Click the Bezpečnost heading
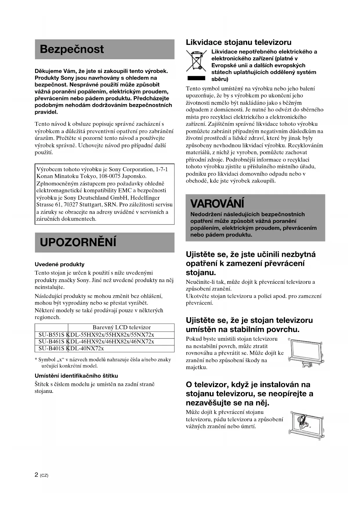click(72, 49)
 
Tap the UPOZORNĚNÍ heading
click(78, 242)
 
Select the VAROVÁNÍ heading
click(217, 203)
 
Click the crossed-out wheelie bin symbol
click(196, 61)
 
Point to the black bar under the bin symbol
click(196, 78)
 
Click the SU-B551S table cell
click(51, 335)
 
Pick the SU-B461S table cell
click(51, 342)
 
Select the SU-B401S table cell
click(51, 349)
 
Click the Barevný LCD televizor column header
click(122, 327)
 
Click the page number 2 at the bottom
click(36, 475)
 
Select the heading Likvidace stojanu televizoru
click(238, 42)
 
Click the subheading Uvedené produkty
click(59, 264)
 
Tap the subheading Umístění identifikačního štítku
click(76, 376)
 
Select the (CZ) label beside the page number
click(44, 476)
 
